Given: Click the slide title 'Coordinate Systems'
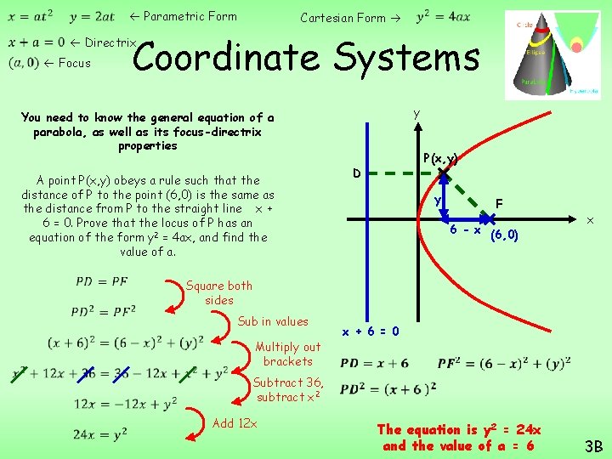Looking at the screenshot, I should click(x=306, y=58).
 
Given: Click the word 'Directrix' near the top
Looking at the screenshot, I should click(x=110, y=42).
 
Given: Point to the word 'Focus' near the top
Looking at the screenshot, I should click(x=74, y=62).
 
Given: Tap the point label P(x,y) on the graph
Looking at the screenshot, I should click(x=440, y=158).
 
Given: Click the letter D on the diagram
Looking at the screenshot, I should click(x=358, y=173).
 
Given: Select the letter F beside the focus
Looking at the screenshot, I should click(x=499, y=204).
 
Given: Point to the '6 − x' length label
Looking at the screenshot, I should click(x=465, y=230).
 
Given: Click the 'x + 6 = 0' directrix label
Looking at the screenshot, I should click(x=371, y=331).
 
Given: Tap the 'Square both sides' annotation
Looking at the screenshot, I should click(x=218, y=292).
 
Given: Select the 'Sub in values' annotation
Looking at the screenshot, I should click(x=273, y=321).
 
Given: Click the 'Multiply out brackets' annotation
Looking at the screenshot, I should click(x=288, y=354).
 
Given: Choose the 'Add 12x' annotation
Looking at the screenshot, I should click(x=235, y=423).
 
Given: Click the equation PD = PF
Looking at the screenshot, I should click(x=102, y=281).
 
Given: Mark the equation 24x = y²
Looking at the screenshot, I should click(x=100, y=434).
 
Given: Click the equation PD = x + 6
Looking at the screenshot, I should click(x=374, y=363).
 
